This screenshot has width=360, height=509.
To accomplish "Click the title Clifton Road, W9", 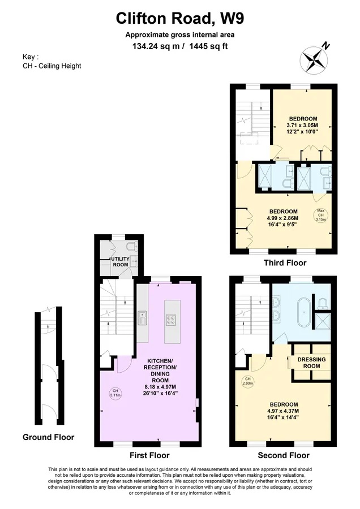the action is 179,19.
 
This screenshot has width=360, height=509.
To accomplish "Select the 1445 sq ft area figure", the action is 208,46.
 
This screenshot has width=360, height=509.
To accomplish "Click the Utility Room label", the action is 121,262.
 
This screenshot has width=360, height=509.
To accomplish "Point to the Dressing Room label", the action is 311,363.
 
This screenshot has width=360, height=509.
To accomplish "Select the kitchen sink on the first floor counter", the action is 142,318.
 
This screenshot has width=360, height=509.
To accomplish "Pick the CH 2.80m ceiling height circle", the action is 248,381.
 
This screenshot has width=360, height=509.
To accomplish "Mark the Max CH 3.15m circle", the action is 320,215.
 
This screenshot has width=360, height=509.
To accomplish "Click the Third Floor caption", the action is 285,262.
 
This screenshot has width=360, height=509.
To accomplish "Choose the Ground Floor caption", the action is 49,437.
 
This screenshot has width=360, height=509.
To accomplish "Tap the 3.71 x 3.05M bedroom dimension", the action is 302,126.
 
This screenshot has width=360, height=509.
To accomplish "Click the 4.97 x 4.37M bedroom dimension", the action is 284,411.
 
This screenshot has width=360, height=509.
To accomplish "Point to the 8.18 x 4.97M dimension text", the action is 160,387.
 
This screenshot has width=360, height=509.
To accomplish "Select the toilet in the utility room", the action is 133,247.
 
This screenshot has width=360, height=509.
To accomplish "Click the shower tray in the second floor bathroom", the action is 322,321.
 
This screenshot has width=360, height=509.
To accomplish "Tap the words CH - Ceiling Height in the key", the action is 52,66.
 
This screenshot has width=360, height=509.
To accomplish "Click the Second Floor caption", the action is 284,455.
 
